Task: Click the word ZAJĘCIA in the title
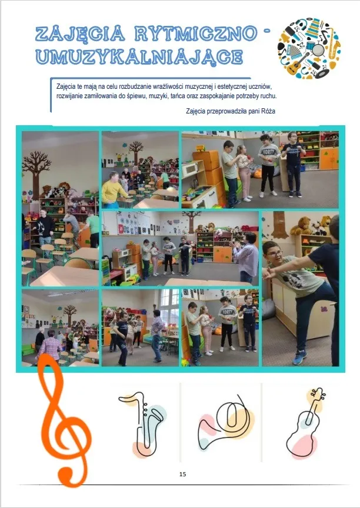click(80, 34)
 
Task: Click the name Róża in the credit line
click(268, 111)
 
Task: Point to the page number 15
click(182, 474)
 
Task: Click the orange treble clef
click(65, 421)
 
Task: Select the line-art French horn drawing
click(225, 421)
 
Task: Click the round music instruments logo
click(309, 48)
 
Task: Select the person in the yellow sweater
click(114, 190)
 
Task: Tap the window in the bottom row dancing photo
click(170, 308)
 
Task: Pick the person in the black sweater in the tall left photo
click(44, 227)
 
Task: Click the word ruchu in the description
click(269, 96)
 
